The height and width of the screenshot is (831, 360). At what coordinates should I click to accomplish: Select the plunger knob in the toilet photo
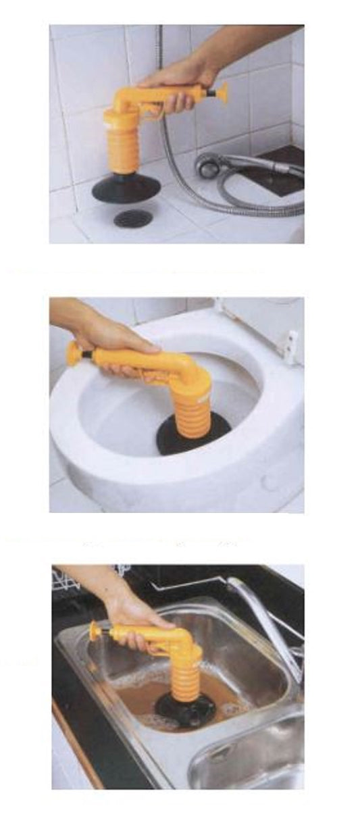pos(73,353)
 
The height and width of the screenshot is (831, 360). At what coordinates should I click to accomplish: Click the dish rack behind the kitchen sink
pos(68,581)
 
